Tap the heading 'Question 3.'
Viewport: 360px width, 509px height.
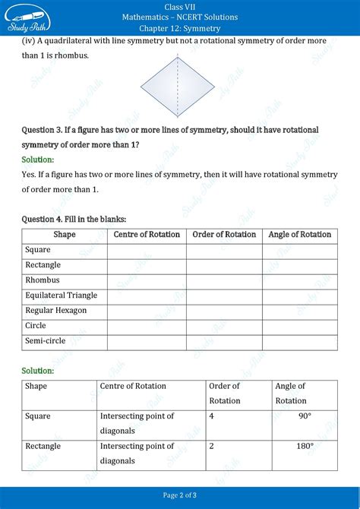point(47,130)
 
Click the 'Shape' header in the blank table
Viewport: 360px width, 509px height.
point(65,235)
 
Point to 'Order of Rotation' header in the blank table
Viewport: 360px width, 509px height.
point(224,235)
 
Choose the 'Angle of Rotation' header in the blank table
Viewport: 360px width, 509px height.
point(299,235)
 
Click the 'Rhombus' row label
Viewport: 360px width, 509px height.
point(43,280)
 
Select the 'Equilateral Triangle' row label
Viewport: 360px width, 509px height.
point(62,296)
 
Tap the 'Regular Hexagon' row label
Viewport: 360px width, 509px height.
point(56,311)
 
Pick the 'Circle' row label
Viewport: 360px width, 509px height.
point(36,326)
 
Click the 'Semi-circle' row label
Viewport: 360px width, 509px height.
point(46,342)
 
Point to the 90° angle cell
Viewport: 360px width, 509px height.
point(304,416)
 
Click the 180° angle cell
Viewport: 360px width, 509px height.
point(304,446)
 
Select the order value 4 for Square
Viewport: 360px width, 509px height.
point(211,416)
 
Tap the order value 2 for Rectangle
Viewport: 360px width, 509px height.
point(211,446)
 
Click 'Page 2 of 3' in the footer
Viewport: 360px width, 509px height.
point(180,495)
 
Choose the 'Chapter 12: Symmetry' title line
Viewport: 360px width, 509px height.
point(179,28)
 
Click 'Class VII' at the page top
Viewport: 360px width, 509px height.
point(179,6)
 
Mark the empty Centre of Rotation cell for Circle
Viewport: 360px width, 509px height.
point(146,326)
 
